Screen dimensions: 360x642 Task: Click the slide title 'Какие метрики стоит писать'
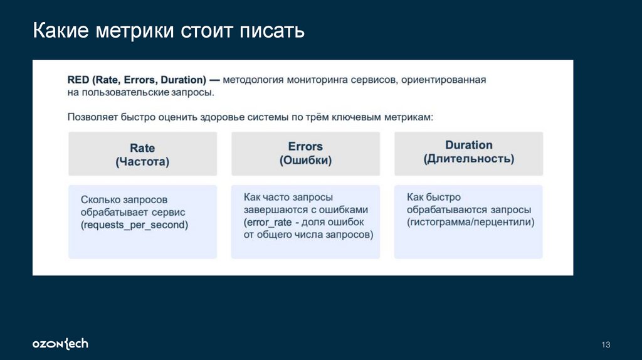click(169, 31)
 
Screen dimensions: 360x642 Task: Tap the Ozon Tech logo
click(60, 344)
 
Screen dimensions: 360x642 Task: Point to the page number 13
click(606, 345)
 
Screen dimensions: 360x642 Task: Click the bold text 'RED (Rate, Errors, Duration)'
click(137, 80)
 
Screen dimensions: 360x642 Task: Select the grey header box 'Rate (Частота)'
click(142, 154)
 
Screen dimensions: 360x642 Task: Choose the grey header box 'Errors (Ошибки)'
click(305, 153)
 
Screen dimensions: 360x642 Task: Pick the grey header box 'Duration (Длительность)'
click(468, 152)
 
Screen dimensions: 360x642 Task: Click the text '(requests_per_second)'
click(134, 225)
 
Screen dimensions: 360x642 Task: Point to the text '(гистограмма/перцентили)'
click(470, 222)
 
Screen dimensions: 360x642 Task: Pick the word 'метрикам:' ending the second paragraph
click(409, 117)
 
